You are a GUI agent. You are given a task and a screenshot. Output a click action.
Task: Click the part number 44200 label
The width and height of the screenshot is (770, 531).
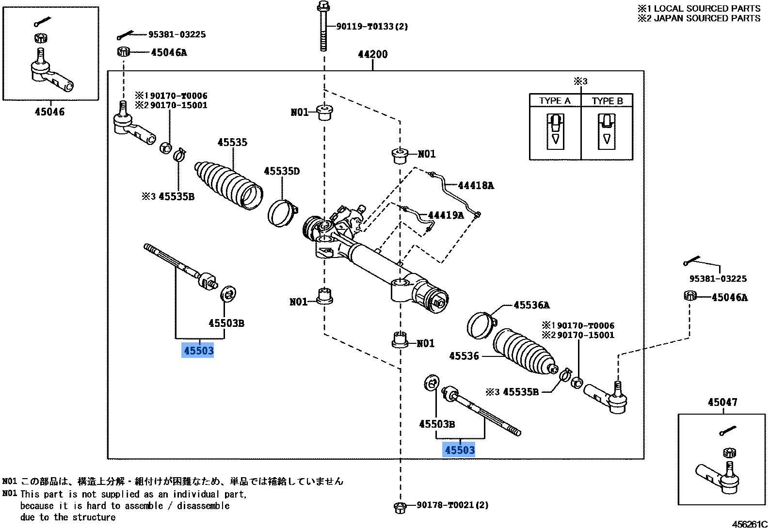coord(372,54)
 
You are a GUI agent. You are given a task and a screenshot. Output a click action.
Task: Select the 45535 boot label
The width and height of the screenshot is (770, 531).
coord(232,142)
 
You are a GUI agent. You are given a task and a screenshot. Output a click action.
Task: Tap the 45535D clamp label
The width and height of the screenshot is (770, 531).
coord(282,171)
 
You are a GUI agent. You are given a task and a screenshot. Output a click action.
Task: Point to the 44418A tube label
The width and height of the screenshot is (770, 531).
coord(475,185)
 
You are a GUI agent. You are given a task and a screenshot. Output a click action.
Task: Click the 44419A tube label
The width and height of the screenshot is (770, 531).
coord(445,215)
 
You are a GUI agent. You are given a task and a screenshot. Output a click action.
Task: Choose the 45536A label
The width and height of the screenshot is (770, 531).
coord(531,305)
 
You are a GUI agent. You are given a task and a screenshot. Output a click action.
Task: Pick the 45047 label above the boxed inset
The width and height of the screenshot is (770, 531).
coord(722,402)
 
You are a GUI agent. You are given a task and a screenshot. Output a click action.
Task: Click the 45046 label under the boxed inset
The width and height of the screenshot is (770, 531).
coord(49,112)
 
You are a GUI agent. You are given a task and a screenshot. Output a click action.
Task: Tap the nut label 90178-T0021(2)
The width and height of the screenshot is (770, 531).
coord(452,505)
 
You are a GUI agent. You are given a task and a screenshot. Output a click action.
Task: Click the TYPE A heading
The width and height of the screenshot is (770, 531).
coord(555,101)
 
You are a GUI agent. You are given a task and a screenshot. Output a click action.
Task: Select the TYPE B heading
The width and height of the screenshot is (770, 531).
coord(607,101)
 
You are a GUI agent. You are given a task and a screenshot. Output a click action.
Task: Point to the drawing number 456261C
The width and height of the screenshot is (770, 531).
coord(750,524)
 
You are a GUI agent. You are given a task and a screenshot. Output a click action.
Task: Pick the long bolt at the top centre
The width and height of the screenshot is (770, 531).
coord(323,27)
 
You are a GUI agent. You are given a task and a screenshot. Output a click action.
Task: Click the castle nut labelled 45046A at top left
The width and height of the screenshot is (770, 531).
coord(124,51)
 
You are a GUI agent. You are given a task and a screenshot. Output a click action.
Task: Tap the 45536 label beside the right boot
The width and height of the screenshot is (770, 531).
coord(464,356)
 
